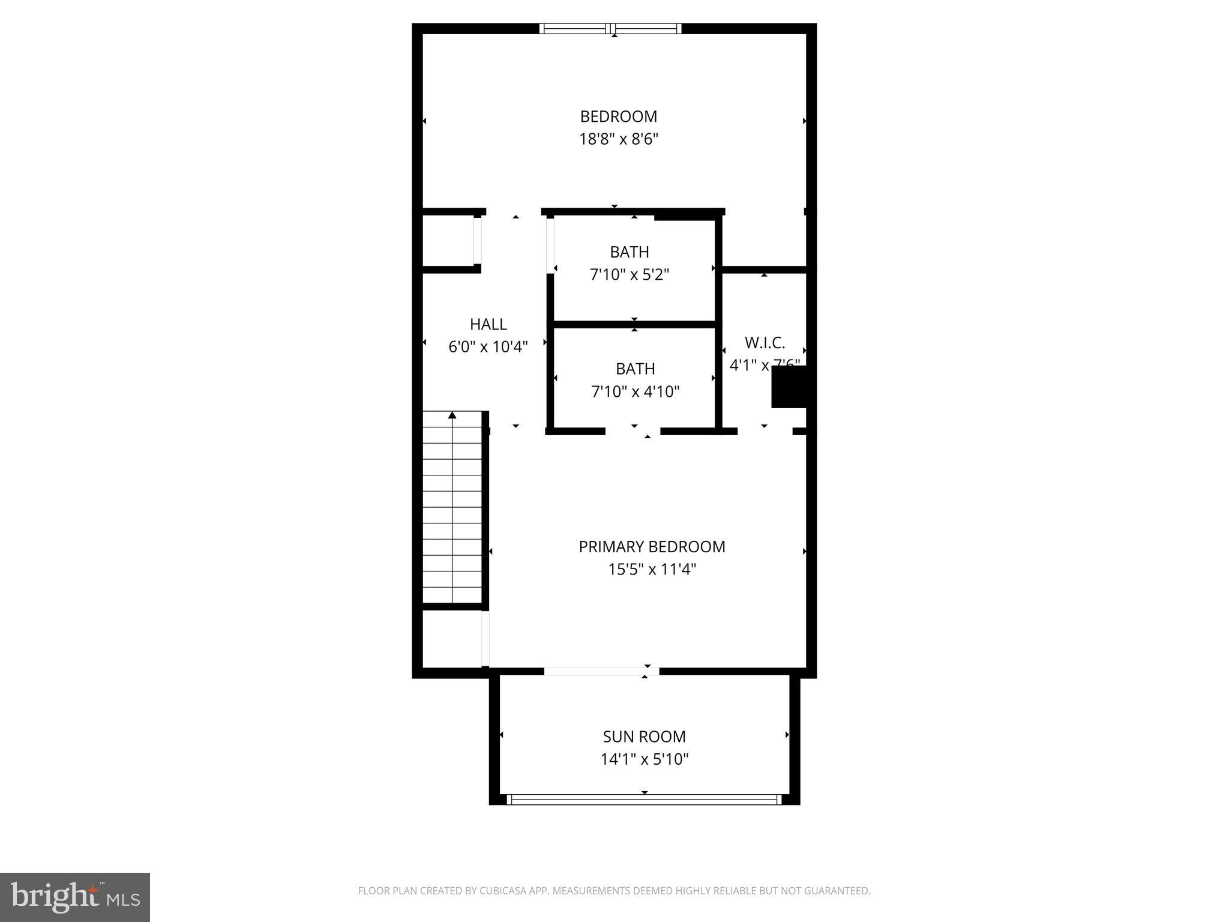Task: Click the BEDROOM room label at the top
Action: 618,116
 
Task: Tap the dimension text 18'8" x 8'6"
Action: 618,140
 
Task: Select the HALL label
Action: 488,324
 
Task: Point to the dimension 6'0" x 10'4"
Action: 488,347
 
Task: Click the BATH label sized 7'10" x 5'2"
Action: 629,252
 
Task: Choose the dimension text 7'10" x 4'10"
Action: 635,392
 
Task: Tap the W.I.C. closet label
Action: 765,343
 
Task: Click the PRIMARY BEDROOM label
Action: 652,547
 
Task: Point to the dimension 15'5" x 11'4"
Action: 652,570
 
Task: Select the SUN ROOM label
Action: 644,737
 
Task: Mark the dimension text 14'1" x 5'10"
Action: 644,759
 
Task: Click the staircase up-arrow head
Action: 452,415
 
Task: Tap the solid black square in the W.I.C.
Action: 789,387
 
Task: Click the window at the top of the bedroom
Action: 610,28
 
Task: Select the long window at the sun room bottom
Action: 644,800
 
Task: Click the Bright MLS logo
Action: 75,897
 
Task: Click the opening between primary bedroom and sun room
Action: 601,672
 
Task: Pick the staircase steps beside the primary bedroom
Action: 452,510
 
